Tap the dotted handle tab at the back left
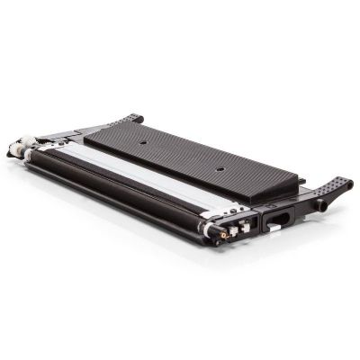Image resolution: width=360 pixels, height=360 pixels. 132,118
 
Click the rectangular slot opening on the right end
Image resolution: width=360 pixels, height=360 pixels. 275,216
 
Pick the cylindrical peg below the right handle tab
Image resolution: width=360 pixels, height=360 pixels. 319,204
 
